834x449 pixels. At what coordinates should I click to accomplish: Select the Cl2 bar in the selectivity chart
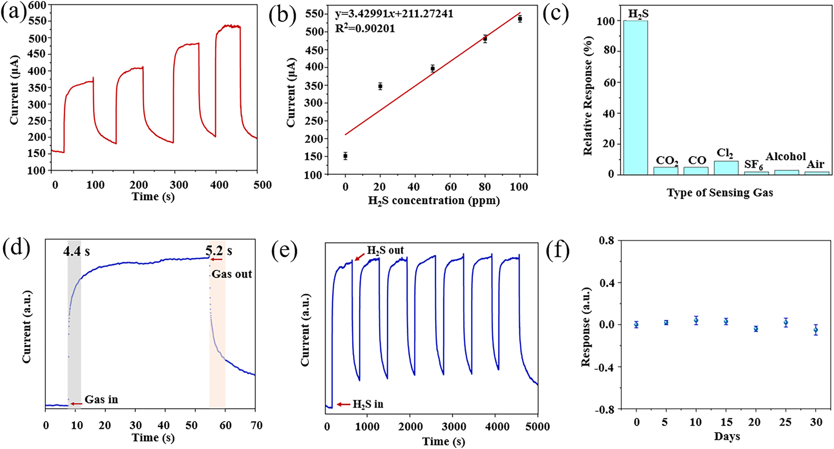[726, 168]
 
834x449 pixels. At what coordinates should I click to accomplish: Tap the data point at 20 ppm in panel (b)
[380, 86]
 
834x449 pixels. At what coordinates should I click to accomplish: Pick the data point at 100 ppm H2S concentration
[520, 19]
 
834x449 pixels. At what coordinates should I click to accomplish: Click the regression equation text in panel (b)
[394, 13]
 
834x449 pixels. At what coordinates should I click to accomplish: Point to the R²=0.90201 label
[365, 29]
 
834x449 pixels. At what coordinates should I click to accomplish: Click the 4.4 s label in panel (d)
[76, 252]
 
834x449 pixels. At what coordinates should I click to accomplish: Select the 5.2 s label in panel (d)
[219, 251]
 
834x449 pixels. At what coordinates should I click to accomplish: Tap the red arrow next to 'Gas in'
[76, 404]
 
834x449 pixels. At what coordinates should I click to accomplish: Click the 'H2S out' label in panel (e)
[385, 250]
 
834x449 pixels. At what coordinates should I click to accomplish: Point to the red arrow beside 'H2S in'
[343, 405]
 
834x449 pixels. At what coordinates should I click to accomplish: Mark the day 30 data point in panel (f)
[815, 330]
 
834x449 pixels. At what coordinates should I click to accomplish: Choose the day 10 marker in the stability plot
[696, 320]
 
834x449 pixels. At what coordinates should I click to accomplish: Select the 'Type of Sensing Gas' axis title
[720, 193]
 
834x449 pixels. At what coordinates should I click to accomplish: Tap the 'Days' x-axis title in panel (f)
[727, 436]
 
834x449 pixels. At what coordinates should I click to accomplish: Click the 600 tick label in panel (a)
[37, 6]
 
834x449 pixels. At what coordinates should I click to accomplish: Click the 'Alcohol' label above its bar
[785, 157]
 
